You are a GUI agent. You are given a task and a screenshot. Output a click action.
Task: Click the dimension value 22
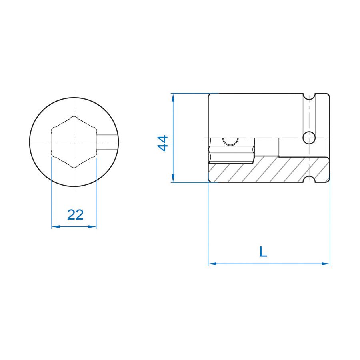click(75, 215)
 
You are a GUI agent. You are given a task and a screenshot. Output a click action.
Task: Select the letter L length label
click(263, 252)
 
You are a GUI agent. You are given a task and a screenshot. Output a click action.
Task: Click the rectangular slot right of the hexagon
click(107, 142)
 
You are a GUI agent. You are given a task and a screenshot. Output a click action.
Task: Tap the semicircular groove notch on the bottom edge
click(309, 180)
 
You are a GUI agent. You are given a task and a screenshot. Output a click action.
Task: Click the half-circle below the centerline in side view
click(230, 141)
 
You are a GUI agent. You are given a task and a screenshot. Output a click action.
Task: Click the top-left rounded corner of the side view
click(210, 95)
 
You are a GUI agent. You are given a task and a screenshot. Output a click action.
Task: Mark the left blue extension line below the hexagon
click(52, 192)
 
